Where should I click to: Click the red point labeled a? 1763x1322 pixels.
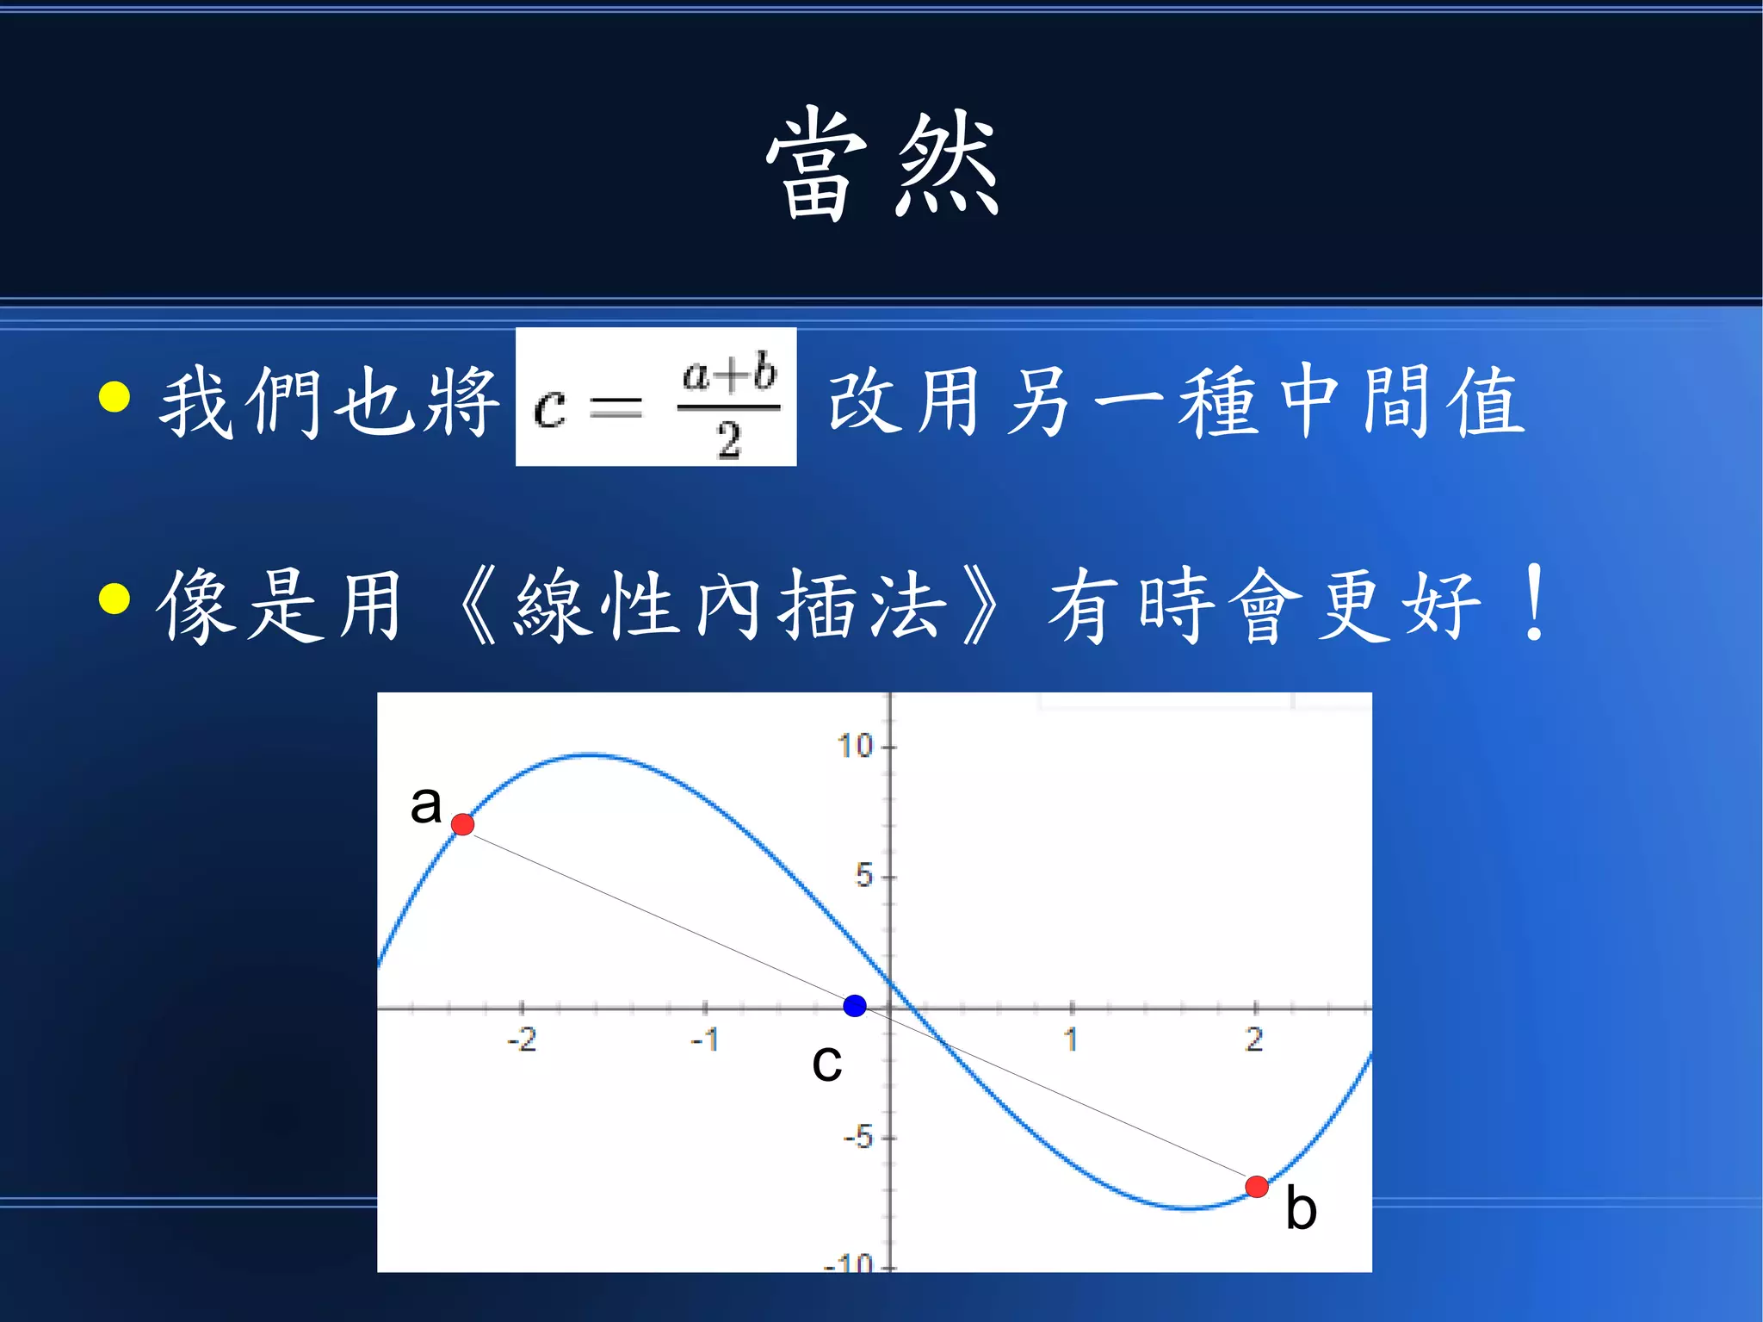pyautogui.click(x=463, y=824)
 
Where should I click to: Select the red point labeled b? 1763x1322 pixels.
pyautogui.click(x=1257, y=1187)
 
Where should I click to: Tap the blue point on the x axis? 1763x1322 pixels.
pyautogui.click(x=855, y=1005)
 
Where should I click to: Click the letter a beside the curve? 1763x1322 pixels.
pyautogui.click(x=425, y=804)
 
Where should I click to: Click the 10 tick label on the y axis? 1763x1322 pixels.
pyautogui.click(x=856, y=746)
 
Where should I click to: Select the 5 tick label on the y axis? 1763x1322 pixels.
pyautogui.click(x=863, y=876)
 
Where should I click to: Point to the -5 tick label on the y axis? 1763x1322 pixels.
pyautogui.click(x=858, y=1138)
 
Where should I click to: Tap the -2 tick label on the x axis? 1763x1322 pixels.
pyautogui.click(x=522, y=1040)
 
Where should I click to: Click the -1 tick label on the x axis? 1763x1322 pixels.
pyautogui.click(x=705, y=1040)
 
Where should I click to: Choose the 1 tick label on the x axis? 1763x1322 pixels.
pyautogui.click(x=1071, y=1040)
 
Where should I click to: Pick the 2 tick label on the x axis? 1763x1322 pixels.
pyautogui.click(x=1254, y=1040)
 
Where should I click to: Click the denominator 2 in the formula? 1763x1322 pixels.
pyautogui.click(x=728, y=440)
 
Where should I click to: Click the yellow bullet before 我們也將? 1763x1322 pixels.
pyautogui.click(x=114, y=397)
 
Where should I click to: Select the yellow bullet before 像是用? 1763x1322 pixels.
pyautogui.click(x=114, y=599)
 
